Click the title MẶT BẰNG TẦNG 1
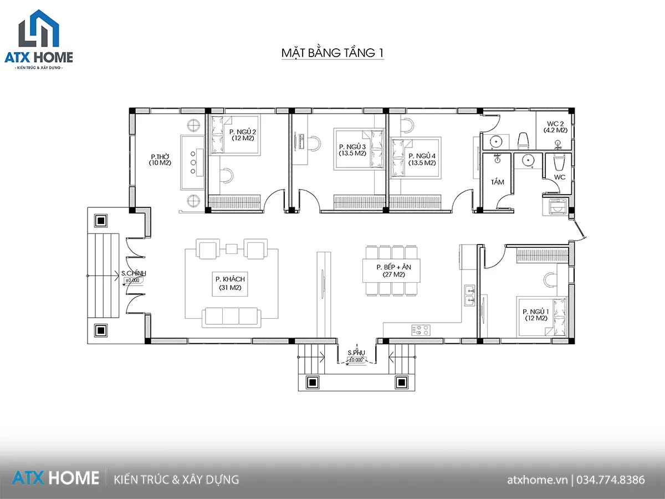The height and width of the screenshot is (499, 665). (332, 53)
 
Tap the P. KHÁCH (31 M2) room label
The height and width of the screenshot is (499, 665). (230, 283)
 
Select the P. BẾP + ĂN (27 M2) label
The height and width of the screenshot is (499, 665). (393, 271)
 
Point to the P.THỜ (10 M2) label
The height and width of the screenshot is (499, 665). (160, 160)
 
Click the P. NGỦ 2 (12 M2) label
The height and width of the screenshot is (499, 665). (243, 135)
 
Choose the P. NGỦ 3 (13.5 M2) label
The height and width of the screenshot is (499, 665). (352, 150)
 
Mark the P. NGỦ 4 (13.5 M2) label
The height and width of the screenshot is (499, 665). (422, 159)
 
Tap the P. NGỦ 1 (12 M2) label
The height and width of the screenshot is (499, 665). (536, 315)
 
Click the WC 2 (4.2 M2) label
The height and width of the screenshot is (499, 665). (555, 127)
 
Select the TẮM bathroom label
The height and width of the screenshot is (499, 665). (498, 182)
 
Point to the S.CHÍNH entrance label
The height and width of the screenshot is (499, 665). (134, 273)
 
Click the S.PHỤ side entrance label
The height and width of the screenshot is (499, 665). (356, 353)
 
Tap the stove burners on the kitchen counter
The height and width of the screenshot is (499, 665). (421, 330)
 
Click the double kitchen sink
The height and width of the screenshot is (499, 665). (470, 296)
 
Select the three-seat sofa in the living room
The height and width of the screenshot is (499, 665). (232, 317)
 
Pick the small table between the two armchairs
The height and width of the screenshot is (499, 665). (232, 249)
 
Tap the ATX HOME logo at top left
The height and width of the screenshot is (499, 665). (39, 40)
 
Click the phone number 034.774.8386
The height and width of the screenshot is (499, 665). (611, 480)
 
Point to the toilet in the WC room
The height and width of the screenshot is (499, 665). (559, 162)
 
